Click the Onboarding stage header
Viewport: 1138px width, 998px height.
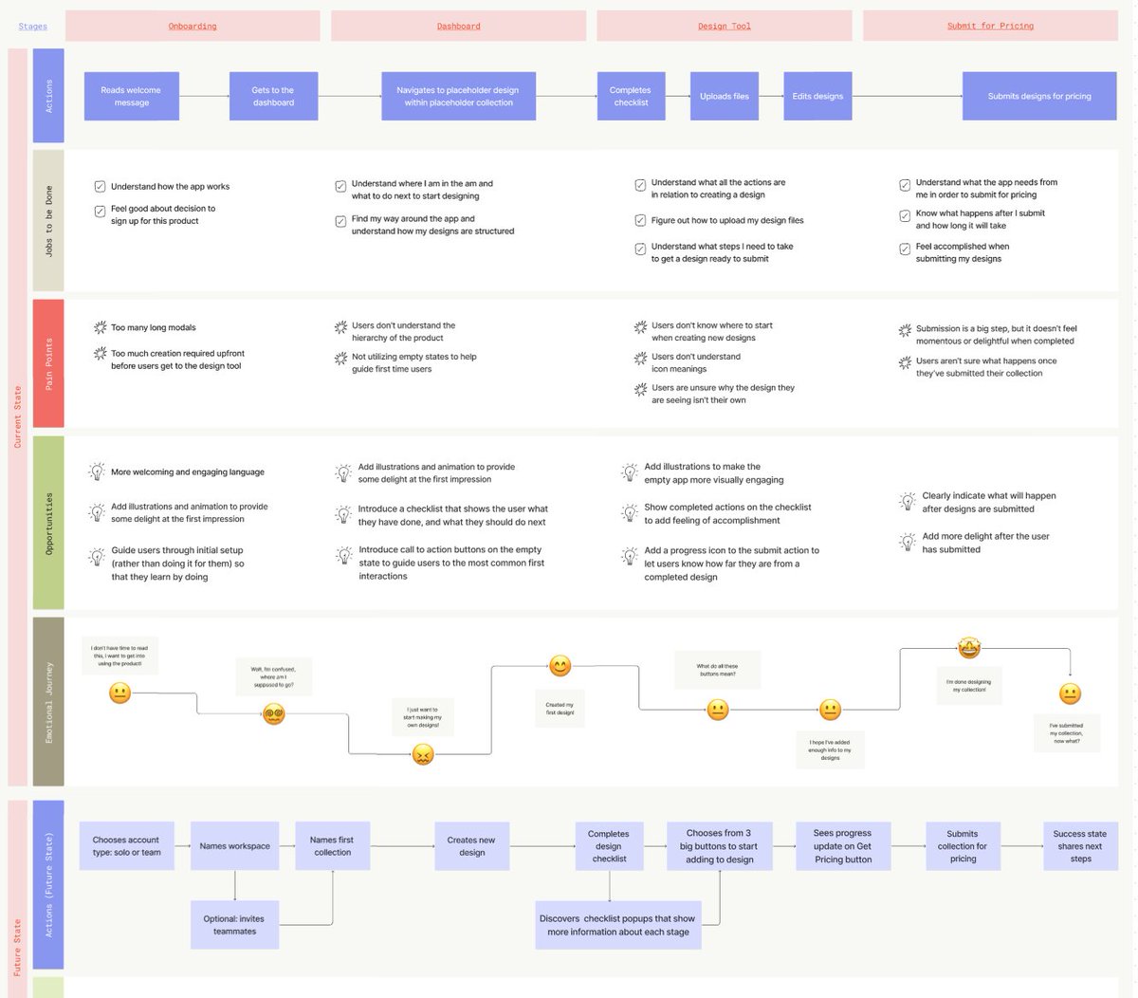(x=193, y=26)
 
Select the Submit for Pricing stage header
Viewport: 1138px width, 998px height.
(x=990, y=26)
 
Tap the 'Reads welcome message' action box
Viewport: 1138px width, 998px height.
(x=132, y=96)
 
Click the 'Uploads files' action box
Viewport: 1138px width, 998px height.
(x=725, y=96)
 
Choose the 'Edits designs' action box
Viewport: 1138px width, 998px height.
(x=817, y=96)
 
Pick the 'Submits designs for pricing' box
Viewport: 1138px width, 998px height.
(x=1039, y=96)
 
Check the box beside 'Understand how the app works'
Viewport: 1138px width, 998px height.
(x=100, y=187)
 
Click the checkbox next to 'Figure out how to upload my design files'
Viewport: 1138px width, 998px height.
(x=640, y=220)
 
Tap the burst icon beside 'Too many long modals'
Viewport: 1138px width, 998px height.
(x=100, y=327)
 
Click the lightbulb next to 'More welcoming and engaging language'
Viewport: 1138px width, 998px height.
(x=97, y=471)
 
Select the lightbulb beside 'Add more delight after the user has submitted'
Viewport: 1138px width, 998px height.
(x=906, y=542)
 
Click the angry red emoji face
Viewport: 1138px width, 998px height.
(x=423, y=754)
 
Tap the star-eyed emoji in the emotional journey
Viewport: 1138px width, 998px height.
(x=968, y=649)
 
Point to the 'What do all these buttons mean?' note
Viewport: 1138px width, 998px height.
(x=717, y=670)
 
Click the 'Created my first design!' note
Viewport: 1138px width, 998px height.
(x=560, y=709)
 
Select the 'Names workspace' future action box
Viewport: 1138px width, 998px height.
(x=235, y=846)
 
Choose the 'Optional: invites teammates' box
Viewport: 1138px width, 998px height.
(x=234, y=925)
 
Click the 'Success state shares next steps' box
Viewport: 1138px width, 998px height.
(x=1080, y=846)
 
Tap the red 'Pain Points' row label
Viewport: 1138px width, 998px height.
(x=48, y=363)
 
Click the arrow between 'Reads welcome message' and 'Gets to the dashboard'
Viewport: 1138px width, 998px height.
(x=204, y=96)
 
